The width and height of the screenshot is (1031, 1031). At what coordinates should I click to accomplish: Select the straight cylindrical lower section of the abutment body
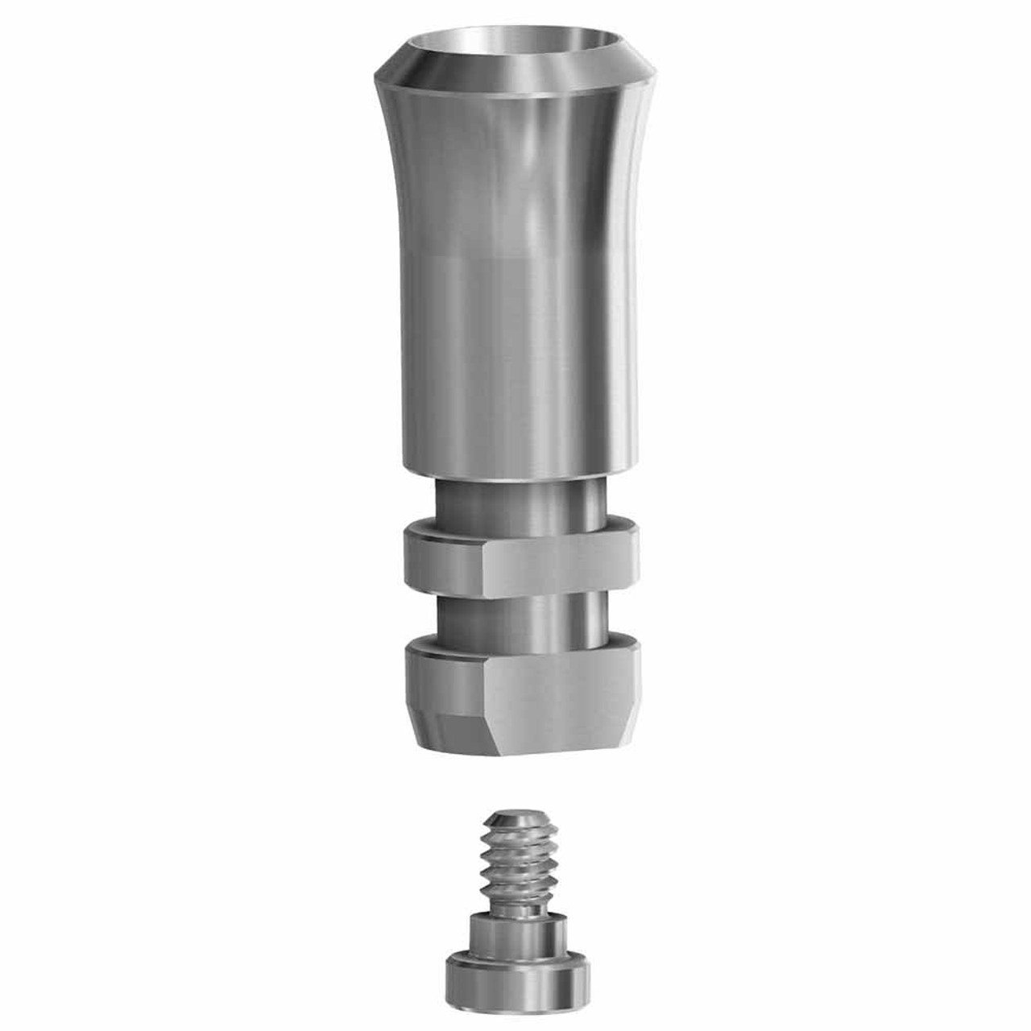[x=515, y=362]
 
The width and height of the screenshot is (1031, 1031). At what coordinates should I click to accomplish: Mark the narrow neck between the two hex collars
[x=515, y=616]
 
